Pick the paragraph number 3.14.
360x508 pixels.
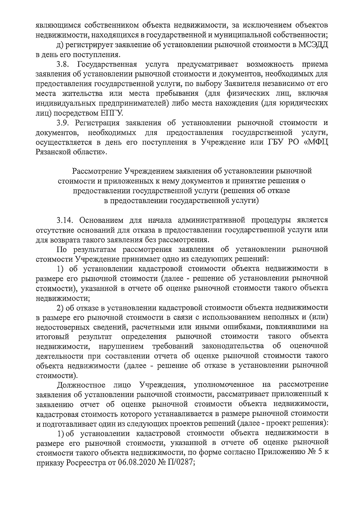[x=66, y=220]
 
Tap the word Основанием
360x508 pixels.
[x=97, y=220]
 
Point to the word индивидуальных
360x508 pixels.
[x=65, y=104]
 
